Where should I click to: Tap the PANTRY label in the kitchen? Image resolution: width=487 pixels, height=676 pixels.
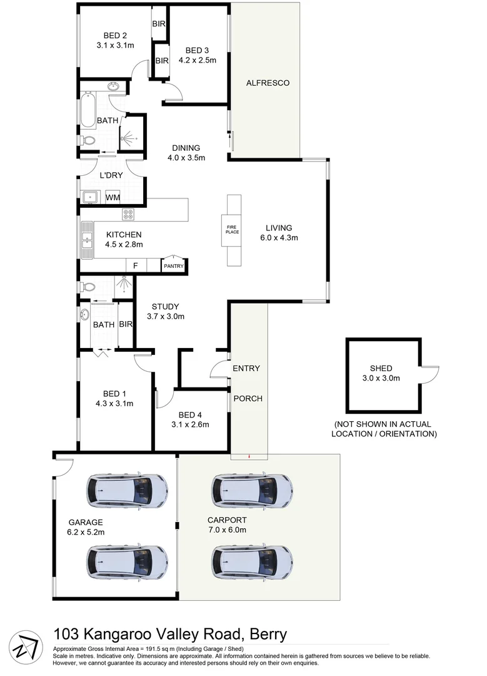173,266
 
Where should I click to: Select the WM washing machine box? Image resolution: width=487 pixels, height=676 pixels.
113,198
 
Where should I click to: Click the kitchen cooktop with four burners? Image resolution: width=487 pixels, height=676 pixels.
129,214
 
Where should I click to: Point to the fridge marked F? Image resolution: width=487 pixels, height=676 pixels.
135,266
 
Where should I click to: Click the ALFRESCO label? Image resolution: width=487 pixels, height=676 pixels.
268,83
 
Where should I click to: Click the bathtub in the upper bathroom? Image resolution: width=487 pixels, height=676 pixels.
88,110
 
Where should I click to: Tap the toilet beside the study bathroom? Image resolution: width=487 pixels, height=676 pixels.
87,287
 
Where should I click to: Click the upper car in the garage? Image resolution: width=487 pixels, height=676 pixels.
127,490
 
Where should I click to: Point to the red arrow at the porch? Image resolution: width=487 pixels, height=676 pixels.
249,456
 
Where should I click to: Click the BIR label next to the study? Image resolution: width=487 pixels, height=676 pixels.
126,325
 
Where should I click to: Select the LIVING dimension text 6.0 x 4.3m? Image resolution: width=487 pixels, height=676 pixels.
279,238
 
